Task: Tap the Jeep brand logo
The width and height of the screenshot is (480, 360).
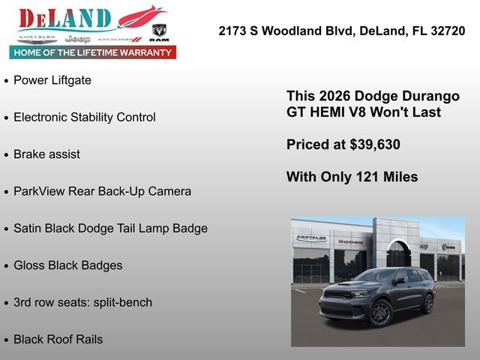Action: click(77, 38)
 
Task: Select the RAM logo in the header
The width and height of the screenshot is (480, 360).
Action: click(159, 32)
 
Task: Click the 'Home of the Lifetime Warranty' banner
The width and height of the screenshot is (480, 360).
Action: click(93, 52)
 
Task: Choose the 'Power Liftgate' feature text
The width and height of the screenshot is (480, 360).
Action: click(52, 80)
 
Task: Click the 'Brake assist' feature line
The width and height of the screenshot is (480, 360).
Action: click(46, 154)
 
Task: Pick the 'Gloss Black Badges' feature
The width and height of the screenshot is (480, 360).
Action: click(67, 265)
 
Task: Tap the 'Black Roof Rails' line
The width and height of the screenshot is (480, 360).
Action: click(58, 339)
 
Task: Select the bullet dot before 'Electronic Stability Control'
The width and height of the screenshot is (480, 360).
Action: click(7, 118)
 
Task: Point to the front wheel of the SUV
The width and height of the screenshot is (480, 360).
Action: click(380, 312)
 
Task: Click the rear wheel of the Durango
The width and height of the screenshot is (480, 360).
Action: click(427, 304)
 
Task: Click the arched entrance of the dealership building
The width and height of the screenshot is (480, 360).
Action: click(398, 255)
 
